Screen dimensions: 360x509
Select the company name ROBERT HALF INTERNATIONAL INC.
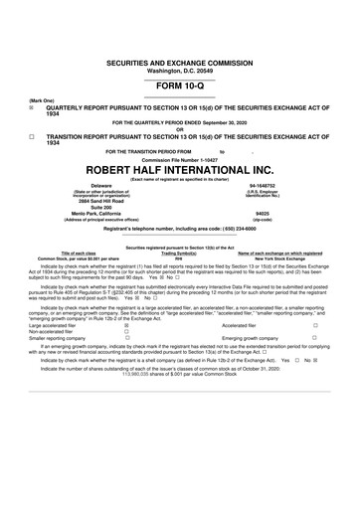click(179, 169)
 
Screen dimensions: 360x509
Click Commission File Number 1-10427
click(179, 158)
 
